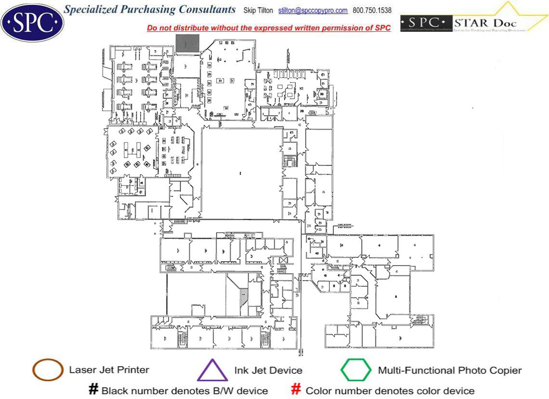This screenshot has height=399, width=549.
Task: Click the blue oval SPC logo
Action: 32,22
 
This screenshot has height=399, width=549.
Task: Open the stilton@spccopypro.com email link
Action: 313,11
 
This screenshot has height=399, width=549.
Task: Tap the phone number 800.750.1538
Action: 372,11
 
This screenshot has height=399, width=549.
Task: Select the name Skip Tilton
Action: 261,11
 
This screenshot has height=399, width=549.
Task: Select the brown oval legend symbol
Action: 48,370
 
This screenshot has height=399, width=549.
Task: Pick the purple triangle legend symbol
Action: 212,371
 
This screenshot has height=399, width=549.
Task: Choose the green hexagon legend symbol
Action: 356,370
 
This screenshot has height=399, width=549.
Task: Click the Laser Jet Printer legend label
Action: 109,370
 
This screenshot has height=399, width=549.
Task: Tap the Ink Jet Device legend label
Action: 268,371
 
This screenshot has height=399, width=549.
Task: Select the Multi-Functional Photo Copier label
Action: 449,371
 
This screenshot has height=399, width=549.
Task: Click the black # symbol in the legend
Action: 94,390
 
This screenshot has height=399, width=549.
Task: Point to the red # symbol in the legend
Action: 296,390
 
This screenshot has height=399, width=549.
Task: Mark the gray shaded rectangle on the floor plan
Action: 187,43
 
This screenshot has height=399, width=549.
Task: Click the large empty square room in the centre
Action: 241,172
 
